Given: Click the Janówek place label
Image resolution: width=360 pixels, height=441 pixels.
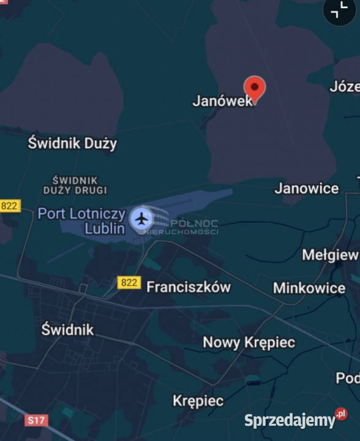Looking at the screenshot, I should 222,101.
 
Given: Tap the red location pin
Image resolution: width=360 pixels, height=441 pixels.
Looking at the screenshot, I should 254,88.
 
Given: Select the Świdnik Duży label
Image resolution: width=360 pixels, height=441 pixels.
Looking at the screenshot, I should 72,143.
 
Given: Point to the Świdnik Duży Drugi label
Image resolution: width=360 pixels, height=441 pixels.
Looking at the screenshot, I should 75,184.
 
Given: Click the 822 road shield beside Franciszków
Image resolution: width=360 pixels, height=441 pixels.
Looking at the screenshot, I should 129,282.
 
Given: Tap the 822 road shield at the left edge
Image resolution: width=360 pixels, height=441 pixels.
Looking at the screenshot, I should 9,206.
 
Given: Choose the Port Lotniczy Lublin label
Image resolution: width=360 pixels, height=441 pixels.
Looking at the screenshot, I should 82,221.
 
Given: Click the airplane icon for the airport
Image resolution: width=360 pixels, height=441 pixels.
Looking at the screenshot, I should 142,218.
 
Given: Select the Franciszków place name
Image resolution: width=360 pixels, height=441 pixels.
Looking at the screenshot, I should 189,287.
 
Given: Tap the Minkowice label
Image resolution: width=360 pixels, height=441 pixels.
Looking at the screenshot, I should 309,288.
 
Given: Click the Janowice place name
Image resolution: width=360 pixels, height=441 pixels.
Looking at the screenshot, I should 306,188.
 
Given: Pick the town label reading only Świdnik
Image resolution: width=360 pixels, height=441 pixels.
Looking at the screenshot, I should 67,330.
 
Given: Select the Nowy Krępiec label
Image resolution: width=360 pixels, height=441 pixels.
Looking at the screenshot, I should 249,342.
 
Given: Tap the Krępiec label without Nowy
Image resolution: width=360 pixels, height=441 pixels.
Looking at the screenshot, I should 198,401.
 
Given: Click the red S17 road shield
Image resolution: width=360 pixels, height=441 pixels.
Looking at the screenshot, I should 37,421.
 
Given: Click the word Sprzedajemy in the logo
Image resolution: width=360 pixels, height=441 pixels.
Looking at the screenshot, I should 290,421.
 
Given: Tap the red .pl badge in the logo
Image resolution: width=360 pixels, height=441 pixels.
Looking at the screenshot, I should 341,414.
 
